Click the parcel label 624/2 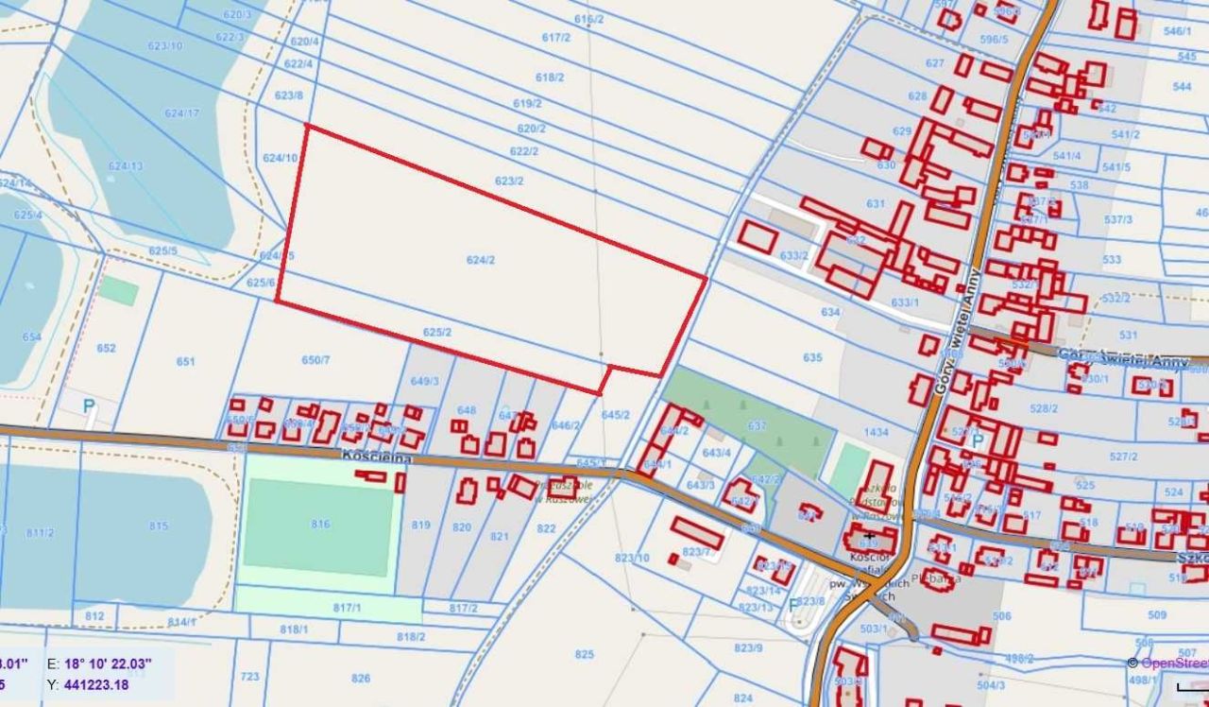(x=480, y=260)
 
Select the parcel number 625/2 (x=436, y=333)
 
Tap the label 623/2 (x=508, y=181)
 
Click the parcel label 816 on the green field (x=321, y=524)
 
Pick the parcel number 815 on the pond (x=158, y=526)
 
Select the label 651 (x=185, y=361)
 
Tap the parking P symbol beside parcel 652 (x=89, y=405)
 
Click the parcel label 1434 (x=876, y=432)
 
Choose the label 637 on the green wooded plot (x=757, y=426)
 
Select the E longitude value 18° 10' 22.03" (x=117, y=664)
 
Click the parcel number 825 (x=584, y=654)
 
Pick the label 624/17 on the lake (x=181, y=113)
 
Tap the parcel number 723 (x=249, y=677)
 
